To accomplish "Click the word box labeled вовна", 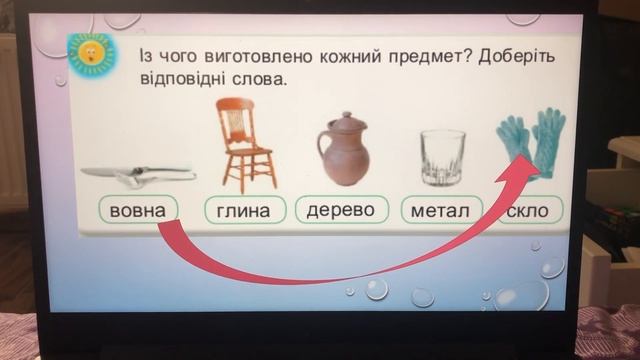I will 139,211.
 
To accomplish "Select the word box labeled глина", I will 245,211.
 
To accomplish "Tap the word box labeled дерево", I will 341,210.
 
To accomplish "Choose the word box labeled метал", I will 441,211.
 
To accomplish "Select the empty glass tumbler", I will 441,158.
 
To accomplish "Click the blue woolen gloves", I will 531,142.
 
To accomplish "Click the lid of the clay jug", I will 339,121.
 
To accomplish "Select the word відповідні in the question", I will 185,77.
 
